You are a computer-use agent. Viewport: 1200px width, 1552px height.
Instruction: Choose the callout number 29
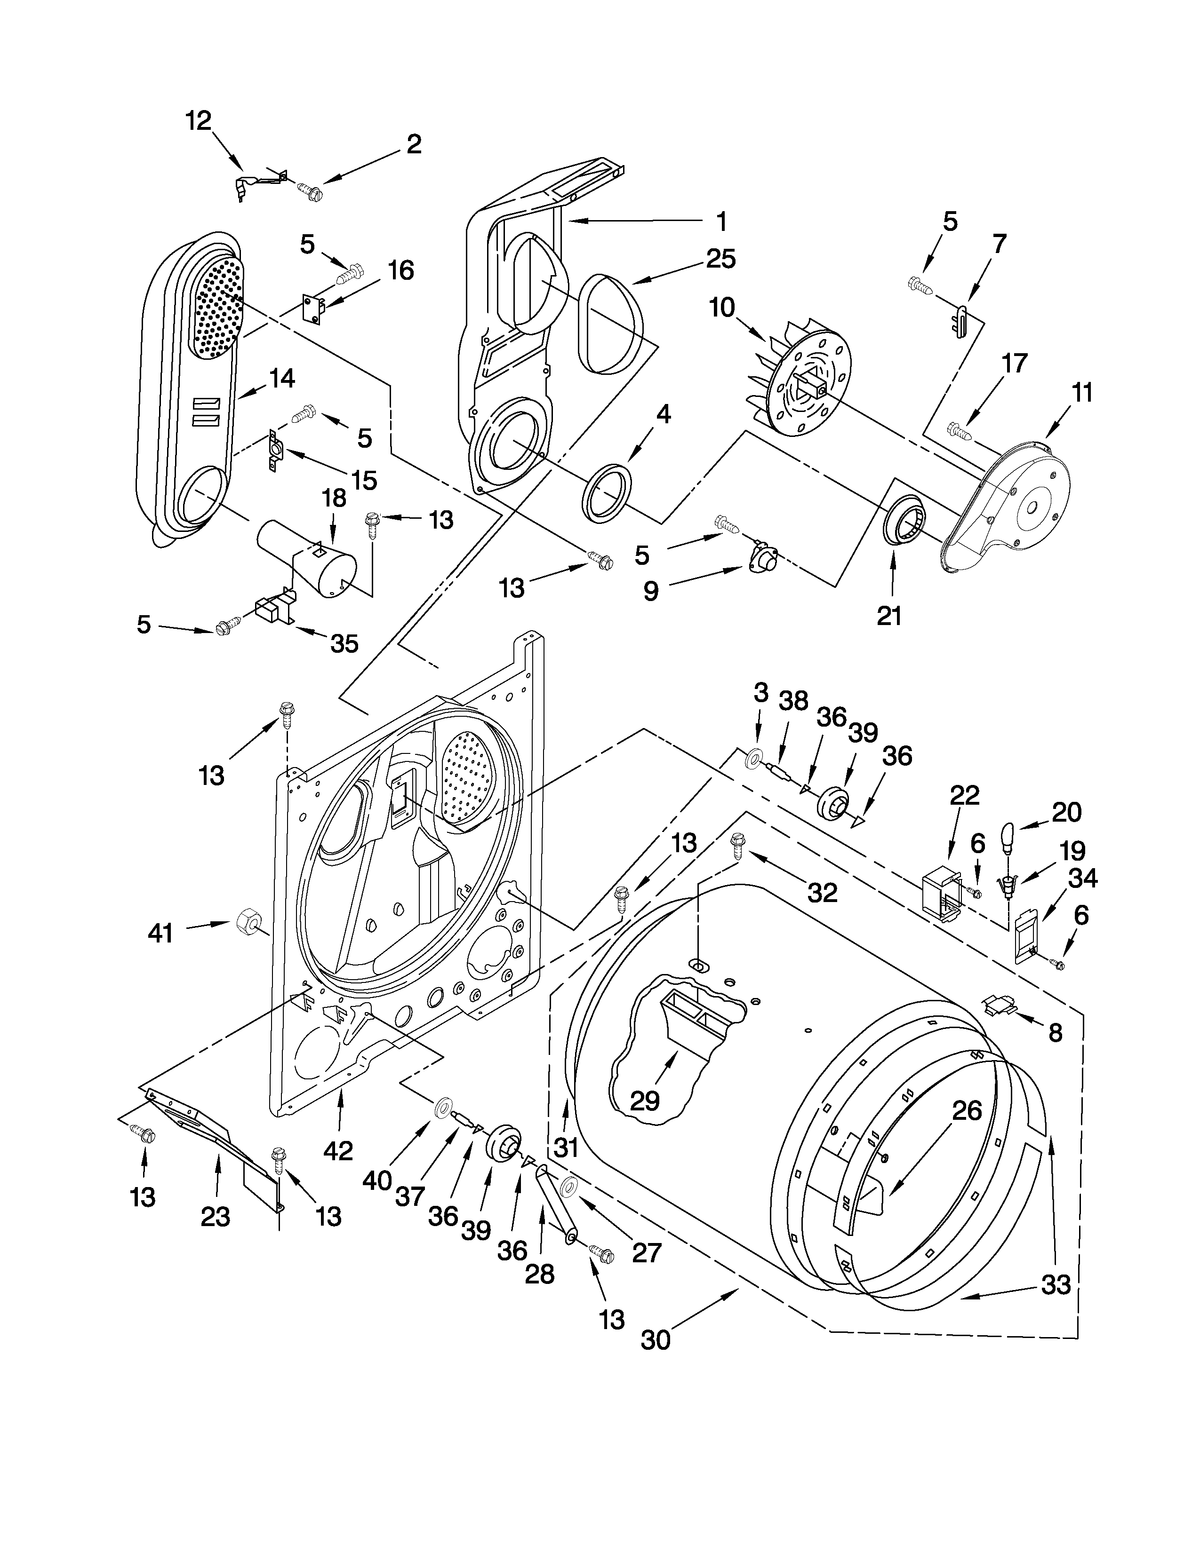pyautogui.click(x=645, y=1101)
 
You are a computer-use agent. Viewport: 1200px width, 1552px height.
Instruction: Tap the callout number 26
pyautogui.click(x=966, y=1111)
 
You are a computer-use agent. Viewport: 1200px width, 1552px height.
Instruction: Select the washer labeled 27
pyautogui.click(x=569, y=1188)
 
